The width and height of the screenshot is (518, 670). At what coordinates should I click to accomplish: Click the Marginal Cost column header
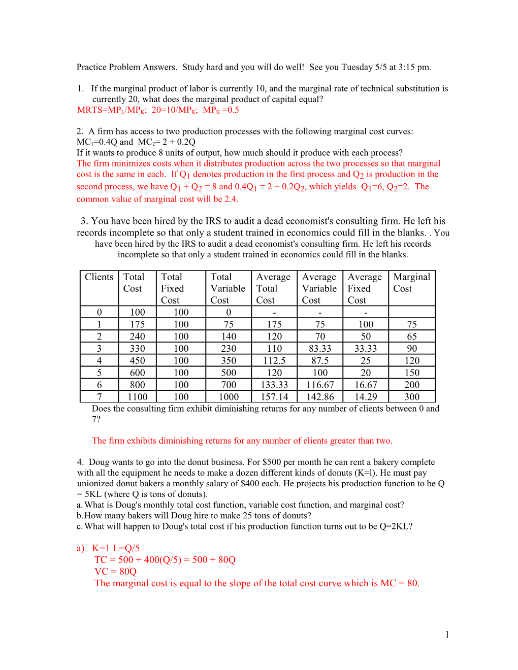(411, 283)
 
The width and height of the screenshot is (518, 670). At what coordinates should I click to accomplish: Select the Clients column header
(99, 277)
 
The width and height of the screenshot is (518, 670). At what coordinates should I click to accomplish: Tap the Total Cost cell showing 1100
(138, 397)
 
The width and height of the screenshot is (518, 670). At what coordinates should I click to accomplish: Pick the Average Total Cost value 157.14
(274, 397)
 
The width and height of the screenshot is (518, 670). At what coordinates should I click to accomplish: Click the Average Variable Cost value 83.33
(320, 349)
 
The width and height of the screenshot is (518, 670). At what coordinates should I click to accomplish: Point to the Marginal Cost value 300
(412, 397)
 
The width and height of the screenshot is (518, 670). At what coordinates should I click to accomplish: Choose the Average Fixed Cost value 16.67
(366, 385)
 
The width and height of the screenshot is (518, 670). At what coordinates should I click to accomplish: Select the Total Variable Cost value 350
(229, 361)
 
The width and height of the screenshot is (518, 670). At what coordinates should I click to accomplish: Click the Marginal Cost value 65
(412, 337)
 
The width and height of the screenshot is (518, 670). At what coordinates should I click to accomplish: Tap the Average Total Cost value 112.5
(274, 361)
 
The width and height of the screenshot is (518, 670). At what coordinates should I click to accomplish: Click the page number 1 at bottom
(447, 634)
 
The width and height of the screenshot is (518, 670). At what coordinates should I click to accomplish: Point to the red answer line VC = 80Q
(116, 572)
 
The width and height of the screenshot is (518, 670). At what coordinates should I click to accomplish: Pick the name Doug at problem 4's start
(99, 462)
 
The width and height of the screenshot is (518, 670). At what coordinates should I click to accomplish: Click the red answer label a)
(80, 548)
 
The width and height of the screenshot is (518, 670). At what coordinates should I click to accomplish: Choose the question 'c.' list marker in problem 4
(79, 526)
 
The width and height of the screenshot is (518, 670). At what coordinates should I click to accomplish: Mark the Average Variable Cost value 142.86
(320, 397)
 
